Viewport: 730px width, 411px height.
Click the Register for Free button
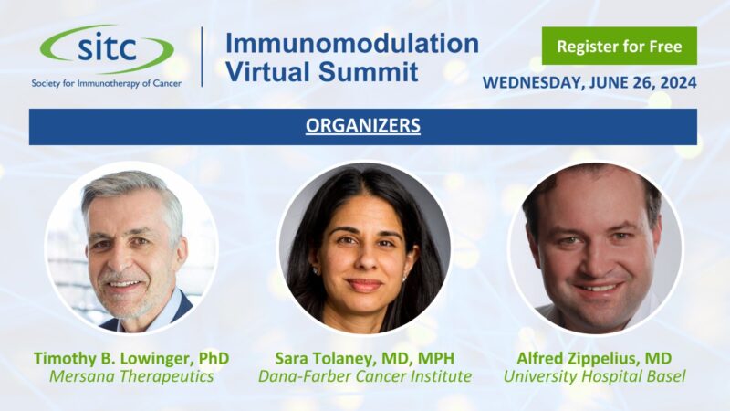pyautogui.click(x=619, y=45)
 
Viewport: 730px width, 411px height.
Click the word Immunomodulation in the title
pyautogui.click(x=351, y=43)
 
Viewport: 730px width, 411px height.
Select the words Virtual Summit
pyautogui.click(x=321, y=70)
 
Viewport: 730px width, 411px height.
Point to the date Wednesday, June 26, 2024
pyautogui.click(x=589, y=82)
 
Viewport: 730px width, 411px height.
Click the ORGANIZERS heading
pyautogui.click(x=363, y=126)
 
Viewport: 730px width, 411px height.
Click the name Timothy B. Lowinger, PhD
pyautogui.click(x=131, y=357)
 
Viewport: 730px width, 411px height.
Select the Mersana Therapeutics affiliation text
pyautogui.click(x=131, y=375)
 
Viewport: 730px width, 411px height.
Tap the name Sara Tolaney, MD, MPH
pyautogui.click(x=364, y=357)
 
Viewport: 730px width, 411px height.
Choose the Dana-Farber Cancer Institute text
pyautogui.click(x=364, y=375)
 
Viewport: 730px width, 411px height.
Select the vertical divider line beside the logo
pyautogui.click(x=202, y=58)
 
